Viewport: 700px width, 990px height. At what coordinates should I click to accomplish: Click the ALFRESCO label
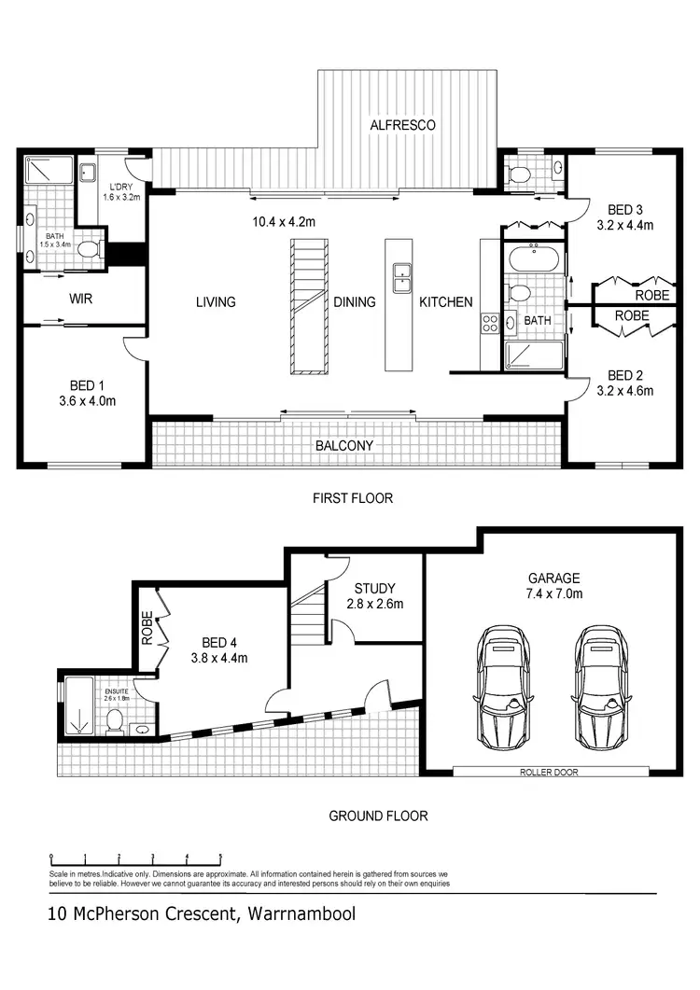click(x=402, y=124)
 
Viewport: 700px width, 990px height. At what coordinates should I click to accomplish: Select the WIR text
click(x=79, y=300)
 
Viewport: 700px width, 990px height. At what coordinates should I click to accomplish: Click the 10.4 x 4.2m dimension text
click(x=285, y=222)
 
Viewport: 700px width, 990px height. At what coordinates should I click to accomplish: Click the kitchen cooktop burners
click(x=490, y=324)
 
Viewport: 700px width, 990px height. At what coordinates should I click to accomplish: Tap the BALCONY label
click(x=343, y=446)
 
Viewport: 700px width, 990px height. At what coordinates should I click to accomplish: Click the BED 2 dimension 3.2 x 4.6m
click(x=624, y=391)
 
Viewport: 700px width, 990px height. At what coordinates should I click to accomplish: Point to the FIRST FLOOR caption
click(x=352, y=498)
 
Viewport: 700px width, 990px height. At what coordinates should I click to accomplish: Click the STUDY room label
click(x=374, y=589)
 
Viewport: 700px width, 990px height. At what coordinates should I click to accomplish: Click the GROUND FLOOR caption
click(x=378, y=816)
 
